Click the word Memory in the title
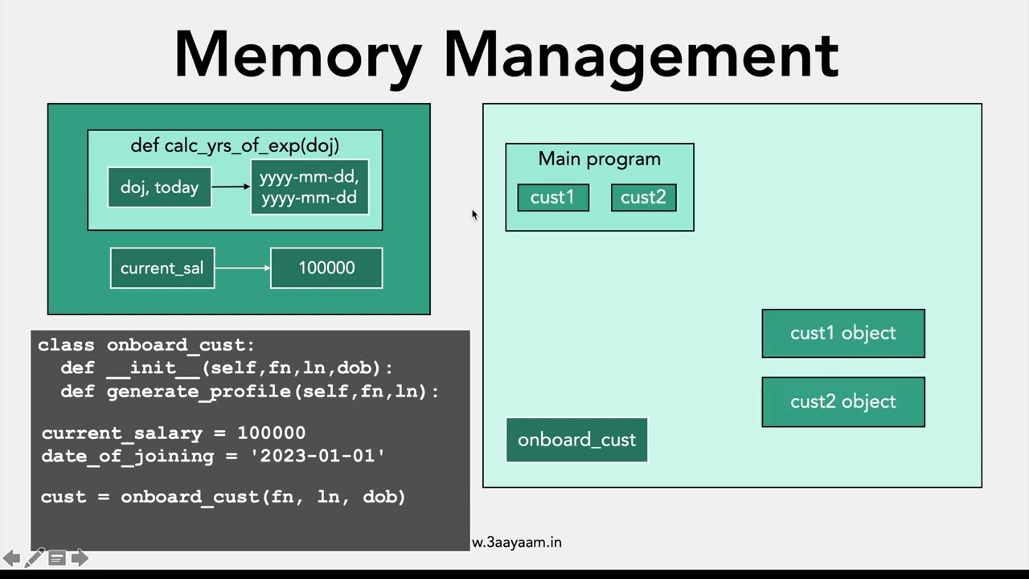coord(297,55)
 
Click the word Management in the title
coord(641,55)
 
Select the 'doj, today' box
coord(159,187)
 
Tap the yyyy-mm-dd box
coord(310,187)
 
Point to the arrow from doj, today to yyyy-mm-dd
coord(231,187)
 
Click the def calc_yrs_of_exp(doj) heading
coord(235,146)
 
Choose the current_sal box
coord(162,268)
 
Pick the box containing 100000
coord(326,268)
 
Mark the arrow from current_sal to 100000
coord(243,268)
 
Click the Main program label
coord(599,158)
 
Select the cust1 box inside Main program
coord(552,198)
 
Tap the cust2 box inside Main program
coord(643,198)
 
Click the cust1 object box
coord(842,333)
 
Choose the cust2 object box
coord(842,401)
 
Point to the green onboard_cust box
coord(576,440)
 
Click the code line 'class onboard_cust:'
coord(146,345)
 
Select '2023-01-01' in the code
coord(318,456)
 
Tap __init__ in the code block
coord(153,368)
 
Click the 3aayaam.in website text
coord(518,542)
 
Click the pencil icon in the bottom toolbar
coord(35,558)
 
